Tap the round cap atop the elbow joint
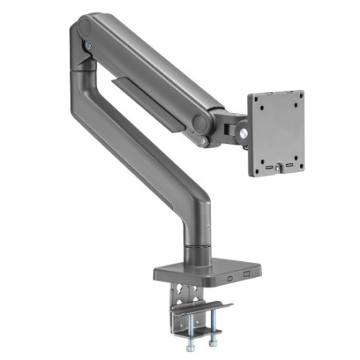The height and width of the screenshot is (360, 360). (x=83, y=29)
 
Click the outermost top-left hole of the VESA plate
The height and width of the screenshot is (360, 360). (x=254, y=99)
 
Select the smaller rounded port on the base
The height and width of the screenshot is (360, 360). (x=229, y=279)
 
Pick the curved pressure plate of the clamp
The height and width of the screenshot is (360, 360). (x=205, y=307)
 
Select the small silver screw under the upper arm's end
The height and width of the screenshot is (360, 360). (x=204, y=142)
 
